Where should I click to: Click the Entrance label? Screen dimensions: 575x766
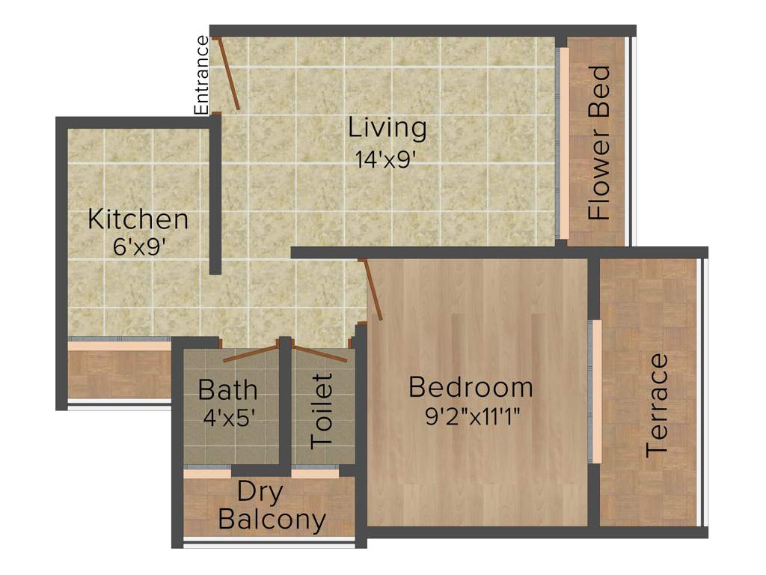point(202,75)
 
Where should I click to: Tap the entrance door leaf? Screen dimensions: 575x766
point(227,73)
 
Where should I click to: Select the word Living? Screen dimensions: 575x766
point(387,128)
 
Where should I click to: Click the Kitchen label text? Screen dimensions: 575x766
point(138,220)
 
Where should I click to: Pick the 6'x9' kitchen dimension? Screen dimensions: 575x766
point(138,248)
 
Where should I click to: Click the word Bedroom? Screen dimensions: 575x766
point(471,388)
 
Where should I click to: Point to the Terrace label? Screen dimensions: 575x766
point(658,405)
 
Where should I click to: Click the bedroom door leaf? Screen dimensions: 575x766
point(371,290)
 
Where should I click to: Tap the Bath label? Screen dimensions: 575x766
point(227,390)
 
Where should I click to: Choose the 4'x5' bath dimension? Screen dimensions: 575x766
point(230,417)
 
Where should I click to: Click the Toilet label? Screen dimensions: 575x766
point(322,410)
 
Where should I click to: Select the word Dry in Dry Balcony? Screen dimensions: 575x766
point(260,493)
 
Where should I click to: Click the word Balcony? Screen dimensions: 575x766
point(272,520)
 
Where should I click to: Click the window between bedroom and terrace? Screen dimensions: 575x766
point(596,392)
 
